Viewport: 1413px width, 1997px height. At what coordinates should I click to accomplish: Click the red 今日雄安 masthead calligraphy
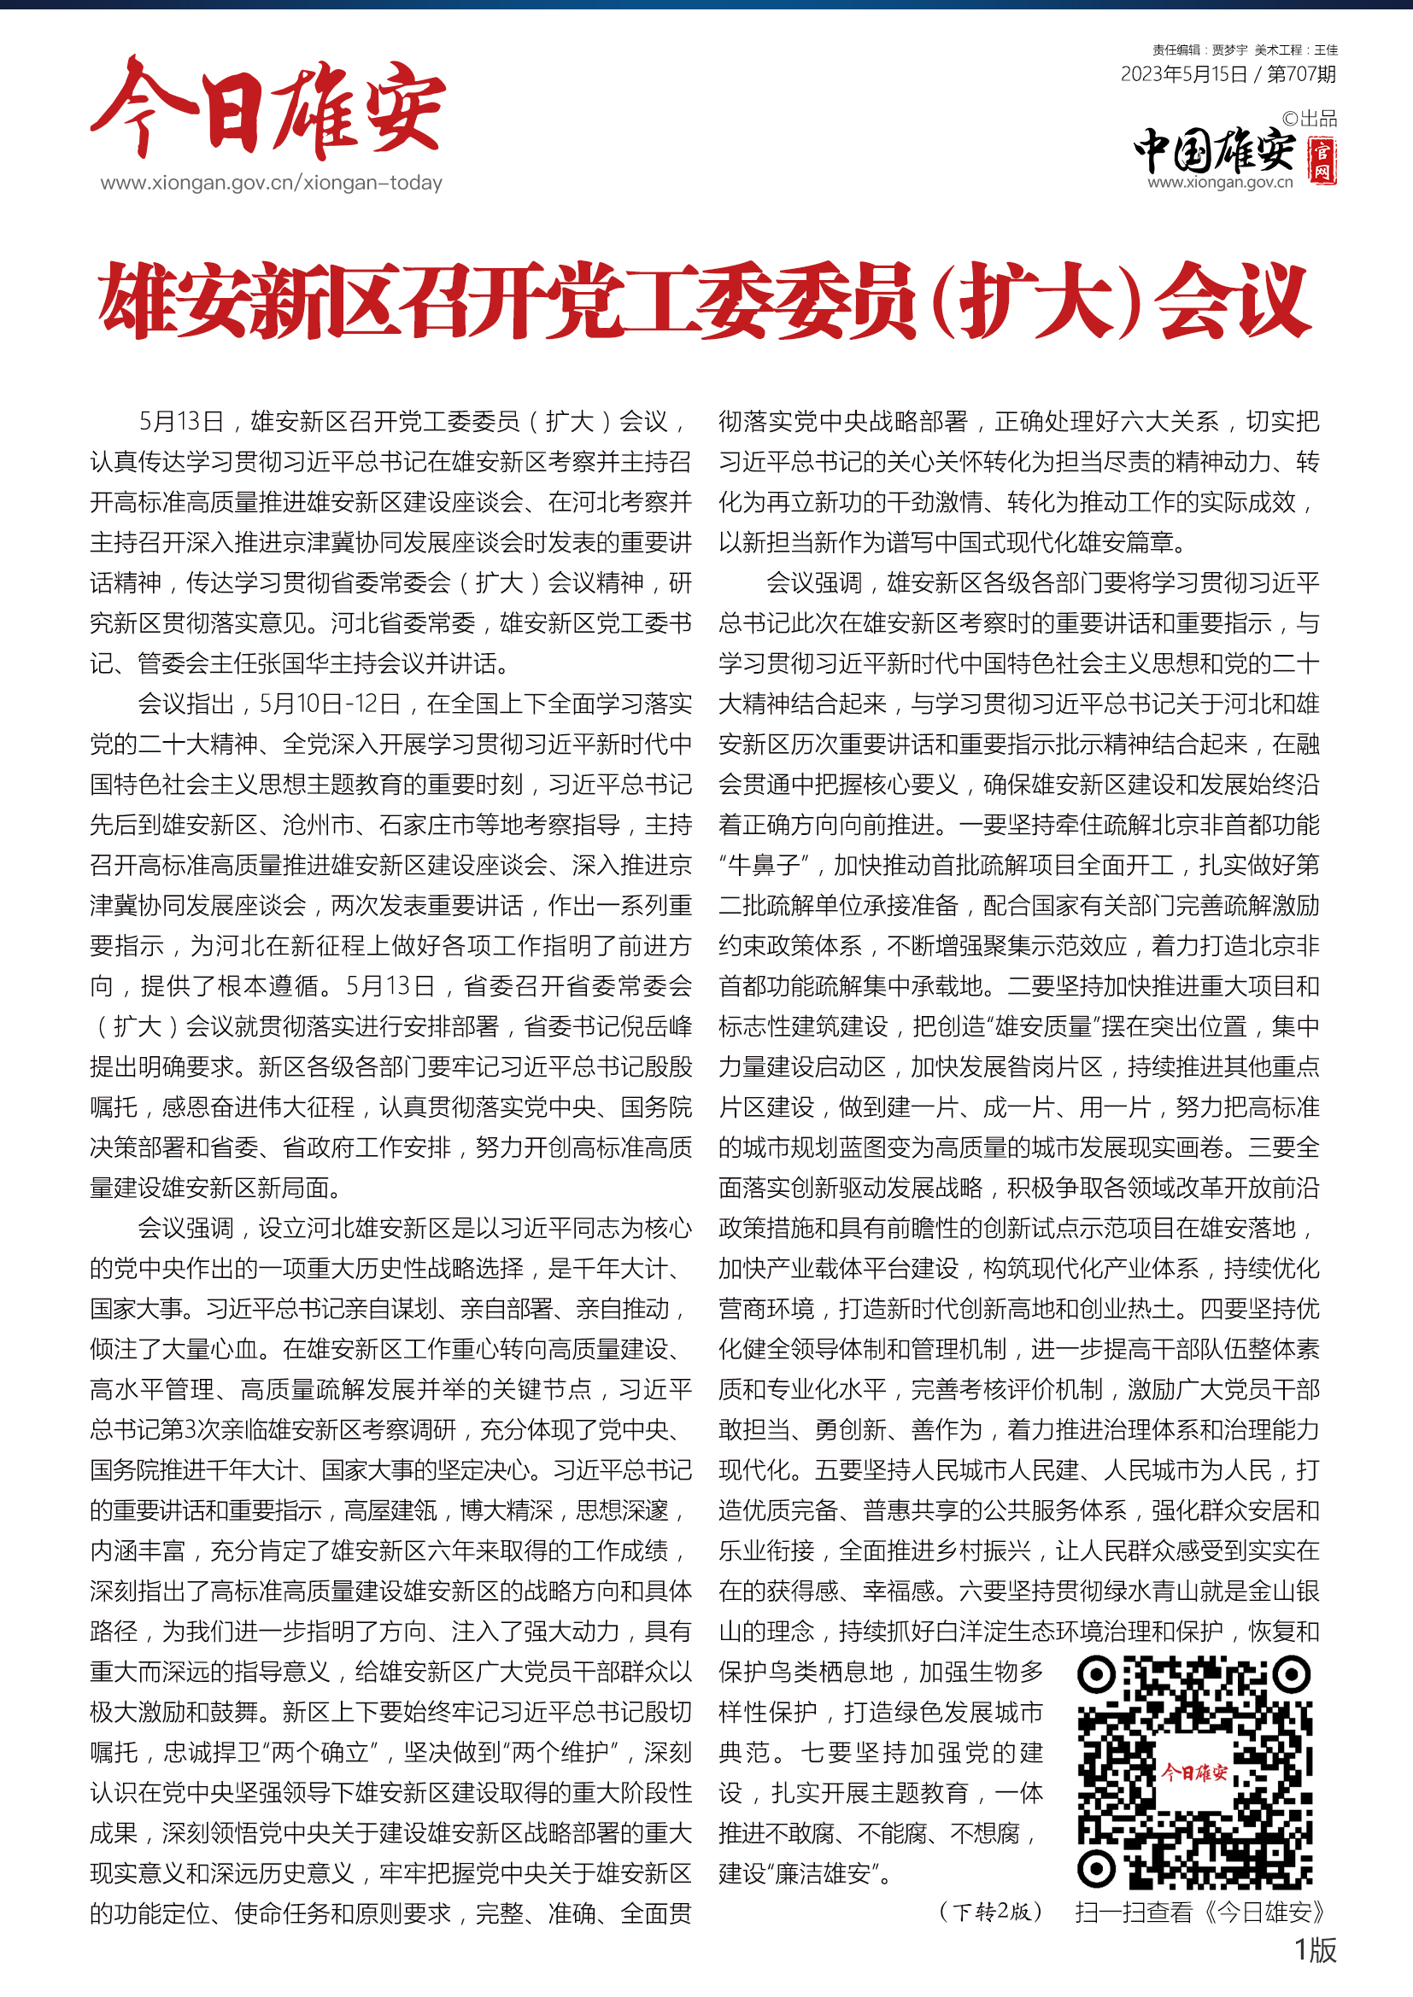pyautogui.click(x=268, y=108)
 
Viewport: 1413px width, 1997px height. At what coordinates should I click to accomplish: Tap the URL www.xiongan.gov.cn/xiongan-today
pyautogui.click(x=272, y=184)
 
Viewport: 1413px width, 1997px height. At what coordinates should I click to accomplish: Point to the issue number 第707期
pyautogui.click(x=1302, y=75)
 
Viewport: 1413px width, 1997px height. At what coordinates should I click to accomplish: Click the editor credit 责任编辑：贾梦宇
pyautogui.click(x=1199, y=50)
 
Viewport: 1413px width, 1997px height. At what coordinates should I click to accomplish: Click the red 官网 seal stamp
pyautogui.click(x=1322, y=161)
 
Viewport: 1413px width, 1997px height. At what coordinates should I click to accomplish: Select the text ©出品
pyautogui.click(x=1310, y=120)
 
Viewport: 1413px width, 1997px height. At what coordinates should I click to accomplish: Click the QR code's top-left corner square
pyautogui.click(x=1096, y=1674)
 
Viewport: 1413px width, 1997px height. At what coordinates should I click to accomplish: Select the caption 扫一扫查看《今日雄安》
pyautogui.click(x=1200, y=1912)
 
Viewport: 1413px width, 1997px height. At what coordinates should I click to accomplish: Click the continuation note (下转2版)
pyautogui.click(x=990, y=1912)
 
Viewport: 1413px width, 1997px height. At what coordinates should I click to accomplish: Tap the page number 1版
pyautogui.click(x=1315, y=1950)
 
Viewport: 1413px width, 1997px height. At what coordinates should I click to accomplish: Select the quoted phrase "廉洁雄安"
pyautogui.click(x=822, y=1873)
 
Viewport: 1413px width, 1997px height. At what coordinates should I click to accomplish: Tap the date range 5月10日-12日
pyautogui.click(x=330, y=704)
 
